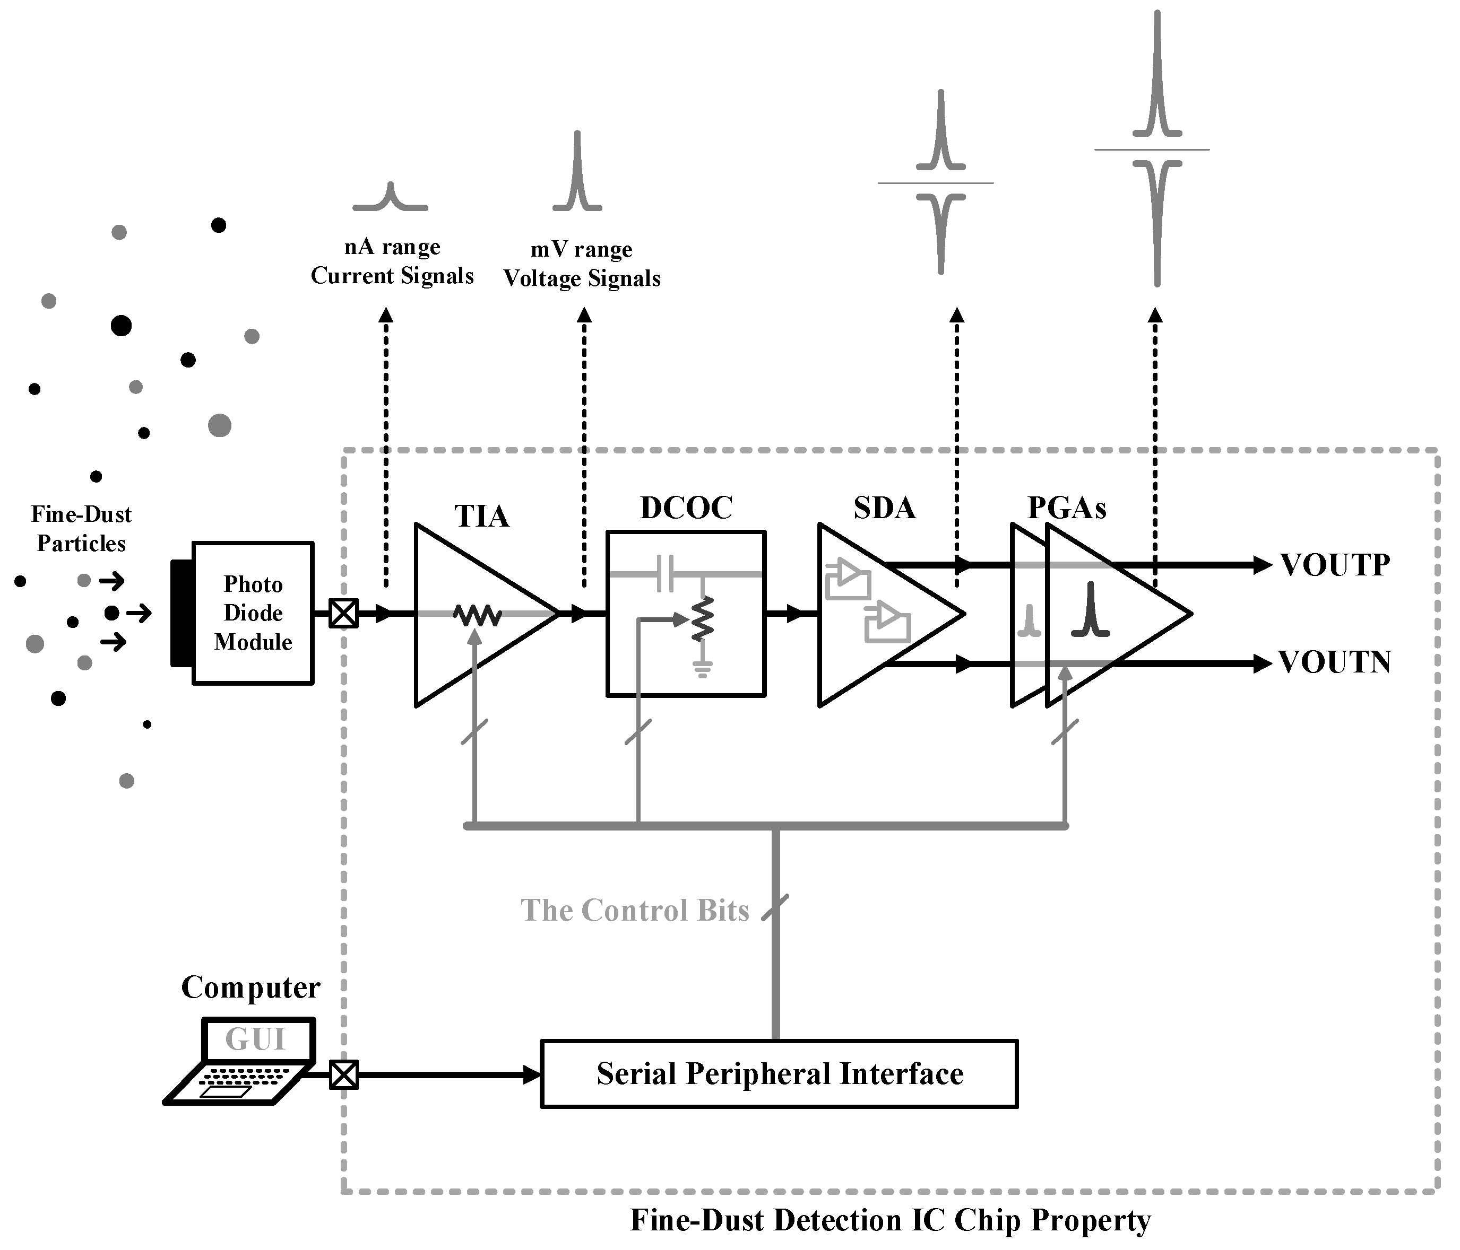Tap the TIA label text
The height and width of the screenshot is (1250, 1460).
[481, 516]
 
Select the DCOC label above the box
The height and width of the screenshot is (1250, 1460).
[686, 508]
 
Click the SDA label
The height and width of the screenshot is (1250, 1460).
[884, 508]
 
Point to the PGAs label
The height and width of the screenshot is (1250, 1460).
[1066, 508]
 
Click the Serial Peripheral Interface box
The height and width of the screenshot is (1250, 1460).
[779, 1074]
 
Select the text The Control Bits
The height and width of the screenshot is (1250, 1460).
[634, 911]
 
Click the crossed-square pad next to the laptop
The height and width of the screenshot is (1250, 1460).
[344, 1074]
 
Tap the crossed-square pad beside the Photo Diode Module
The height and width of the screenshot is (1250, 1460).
[344, 614]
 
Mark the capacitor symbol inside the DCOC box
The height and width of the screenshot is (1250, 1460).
[665, 574]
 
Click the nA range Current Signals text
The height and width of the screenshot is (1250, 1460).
[392, 261]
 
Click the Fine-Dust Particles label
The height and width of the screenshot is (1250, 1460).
[81, 529]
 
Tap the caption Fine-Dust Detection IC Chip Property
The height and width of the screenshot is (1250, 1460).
[890, 1220]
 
